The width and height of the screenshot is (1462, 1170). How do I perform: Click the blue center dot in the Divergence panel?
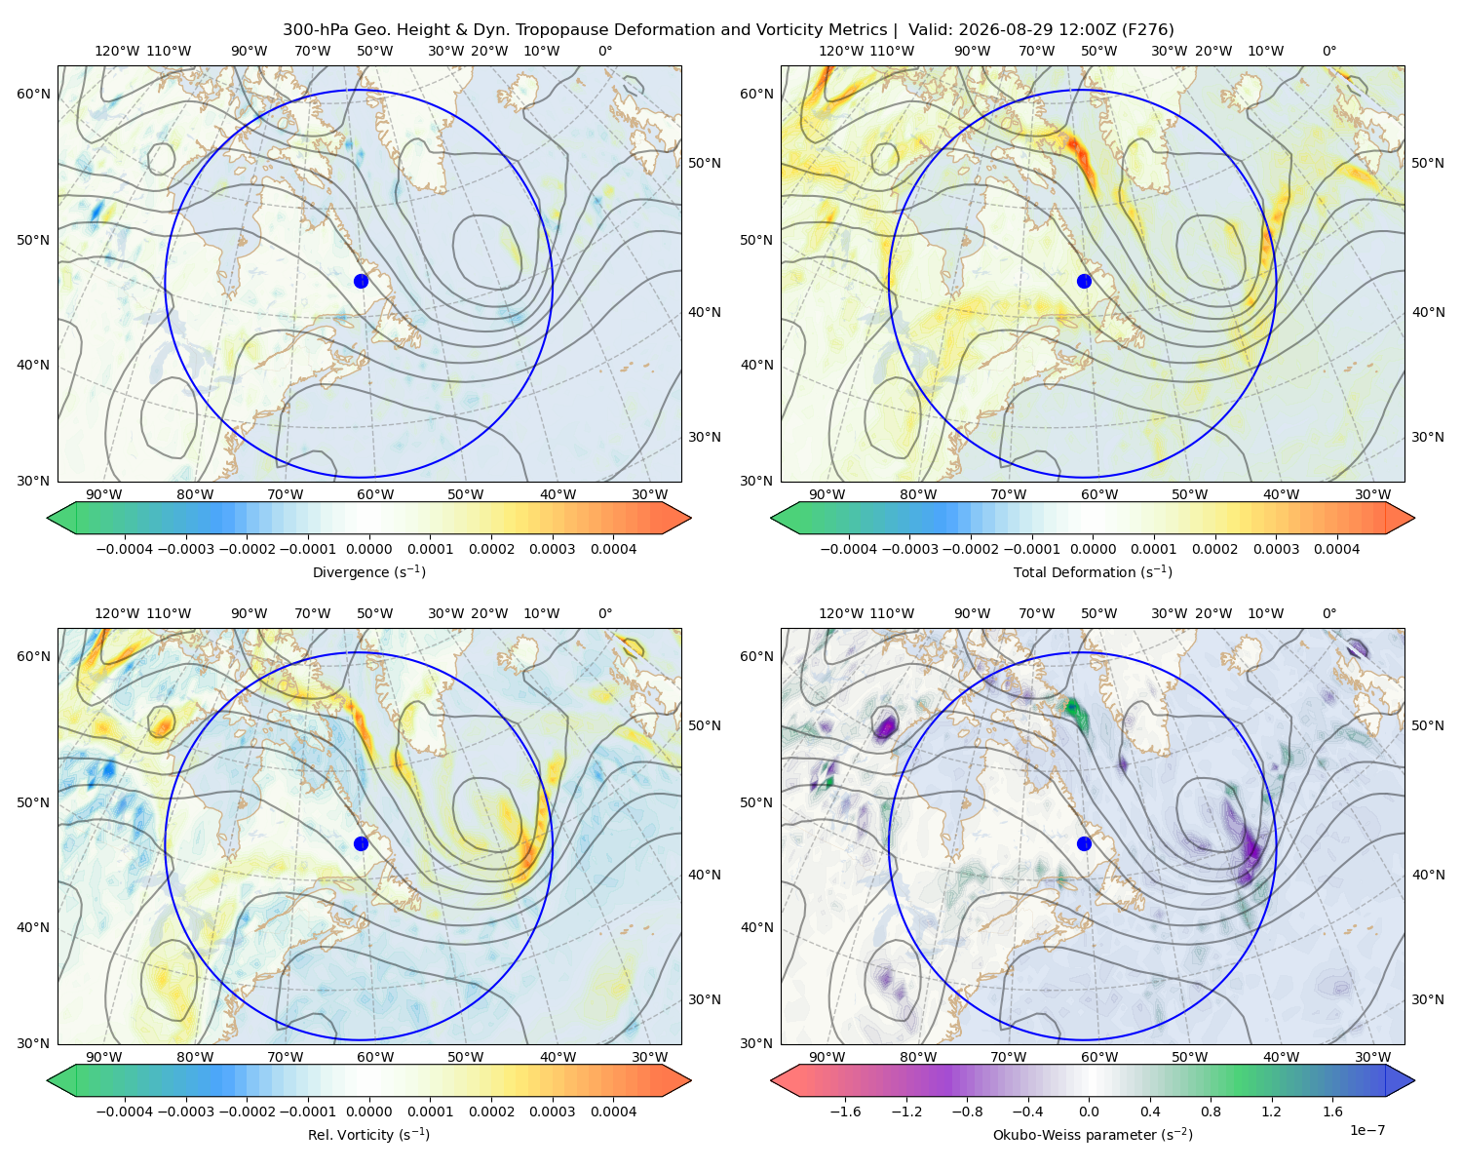[361, 281]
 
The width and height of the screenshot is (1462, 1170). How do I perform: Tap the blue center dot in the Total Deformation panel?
[1084, 281]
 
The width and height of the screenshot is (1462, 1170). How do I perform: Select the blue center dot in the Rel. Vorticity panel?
[361, 843]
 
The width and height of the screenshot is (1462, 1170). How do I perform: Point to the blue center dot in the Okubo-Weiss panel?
[1084, 843]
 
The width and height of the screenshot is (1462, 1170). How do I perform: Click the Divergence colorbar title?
[368, 571]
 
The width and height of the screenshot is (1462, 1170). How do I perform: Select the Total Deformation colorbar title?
[1093, 571]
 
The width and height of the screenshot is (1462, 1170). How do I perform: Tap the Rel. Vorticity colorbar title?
[368, 1134]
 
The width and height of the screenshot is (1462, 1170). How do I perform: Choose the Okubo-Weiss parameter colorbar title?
[1093, 1134]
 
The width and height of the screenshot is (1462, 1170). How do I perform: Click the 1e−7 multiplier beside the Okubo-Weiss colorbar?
[1366, 1130]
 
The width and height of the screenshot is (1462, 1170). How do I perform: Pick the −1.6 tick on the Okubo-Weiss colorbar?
[845, 1111]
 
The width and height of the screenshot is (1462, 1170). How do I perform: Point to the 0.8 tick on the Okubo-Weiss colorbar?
[1211, 1111]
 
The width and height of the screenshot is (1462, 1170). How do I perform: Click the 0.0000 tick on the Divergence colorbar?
[368, 549]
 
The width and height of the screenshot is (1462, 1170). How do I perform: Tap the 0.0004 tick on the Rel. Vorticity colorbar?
[613, 1111]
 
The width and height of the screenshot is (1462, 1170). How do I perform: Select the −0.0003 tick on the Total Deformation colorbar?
[909, 549]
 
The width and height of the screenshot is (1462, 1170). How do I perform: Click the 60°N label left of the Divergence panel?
[33, 94]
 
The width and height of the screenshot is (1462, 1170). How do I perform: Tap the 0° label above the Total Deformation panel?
[1328, 51]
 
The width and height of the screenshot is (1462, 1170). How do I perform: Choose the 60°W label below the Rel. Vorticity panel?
[375, 1057]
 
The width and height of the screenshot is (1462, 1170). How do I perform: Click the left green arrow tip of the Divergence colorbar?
[48, 518]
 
